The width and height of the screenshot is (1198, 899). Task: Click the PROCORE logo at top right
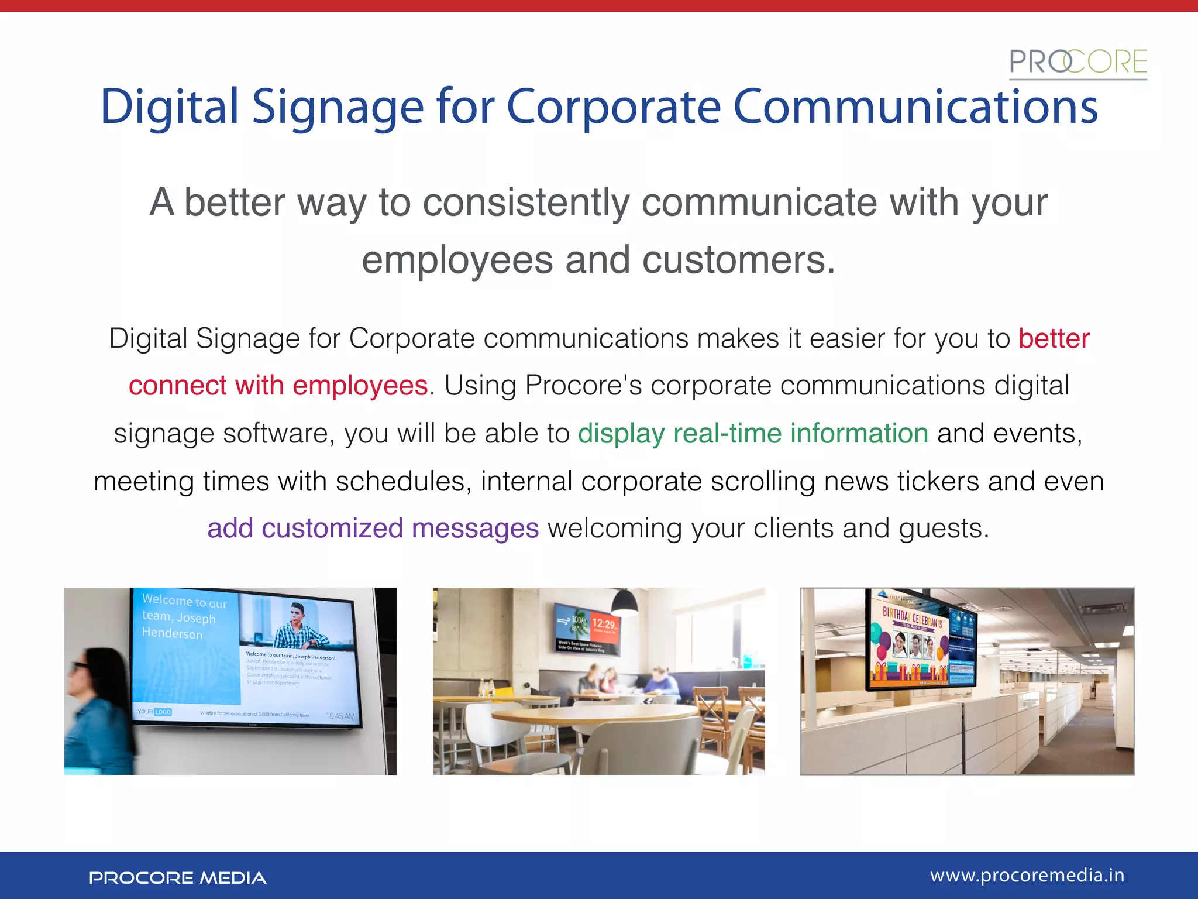(x=1077, y=63)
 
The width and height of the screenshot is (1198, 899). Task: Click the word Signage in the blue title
(x=338, y=108)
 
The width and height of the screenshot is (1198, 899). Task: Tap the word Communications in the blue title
(x=915, y=107)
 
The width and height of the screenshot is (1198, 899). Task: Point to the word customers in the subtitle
(x=738, y=260)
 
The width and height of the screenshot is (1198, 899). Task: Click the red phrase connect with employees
(x=278, y=386)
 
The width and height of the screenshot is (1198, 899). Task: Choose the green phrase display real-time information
(x=753, y=434)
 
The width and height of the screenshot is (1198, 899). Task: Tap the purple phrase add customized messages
(x=373, y=529)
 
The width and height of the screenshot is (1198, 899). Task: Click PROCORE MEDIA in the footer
(x=177, y=878)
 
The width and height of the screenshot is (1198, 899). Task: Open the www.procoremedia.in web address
(x=1027, y=876)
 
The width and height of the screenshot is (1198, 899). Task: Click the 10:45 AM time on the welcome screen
(x=340, y=716)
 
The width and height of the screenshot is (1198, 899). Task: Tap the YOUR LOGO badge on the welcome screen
(x=155, y=712)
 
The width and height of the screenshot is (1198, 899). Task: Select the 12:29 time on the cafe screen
(x=604, y=624)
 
